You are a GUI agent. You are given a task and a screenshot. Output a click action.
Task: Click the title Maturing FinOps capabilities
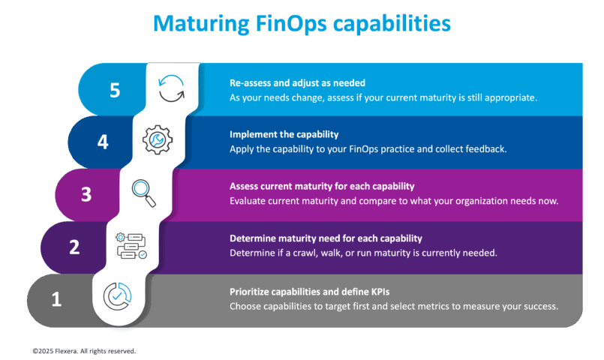[302, 24]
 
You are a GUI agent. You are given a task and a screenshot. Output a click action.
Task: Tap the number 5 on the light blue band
[115, 91]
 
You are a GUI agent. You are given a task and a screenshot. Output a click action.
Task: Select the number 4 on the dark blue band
[103, 142]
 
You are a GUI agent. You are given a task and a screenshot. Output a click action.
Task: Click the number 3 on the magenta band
[86, 194]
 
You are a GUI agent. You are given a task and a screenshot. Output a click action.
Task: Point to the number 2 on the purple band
[74, 247]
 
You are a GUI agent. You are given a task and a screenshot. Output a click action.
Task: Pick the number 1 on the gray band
[56, 300]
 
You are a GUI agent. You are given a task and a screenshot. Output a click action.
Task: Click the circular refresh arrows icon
[172, 88]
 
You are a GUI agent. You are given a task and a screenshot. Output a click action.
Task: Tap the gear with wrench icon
[158, 139]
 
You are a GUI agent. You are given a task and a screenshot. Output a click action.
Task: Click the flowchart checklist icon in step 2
[131, 245]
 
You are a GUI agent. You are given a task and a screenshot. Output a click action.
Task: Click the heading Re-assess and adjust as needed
[297, 83]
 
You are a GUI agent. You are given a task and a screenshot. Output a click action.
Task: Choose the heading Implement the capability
[284, 135]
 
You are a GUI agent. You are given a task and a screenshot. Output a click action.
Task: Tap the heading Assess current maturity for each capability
[322, 186]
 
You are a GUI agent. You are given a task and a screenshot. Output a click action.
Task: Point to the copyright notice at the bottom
[84, 350]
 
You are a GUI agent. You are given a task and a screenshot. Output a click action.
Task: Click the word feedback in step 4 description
[488, 149]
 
